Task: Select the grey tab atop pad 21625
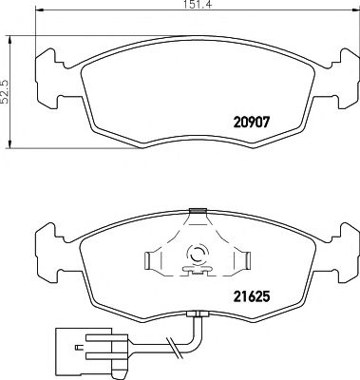point(198,210)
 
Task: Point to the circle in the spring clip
point(197,255)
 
